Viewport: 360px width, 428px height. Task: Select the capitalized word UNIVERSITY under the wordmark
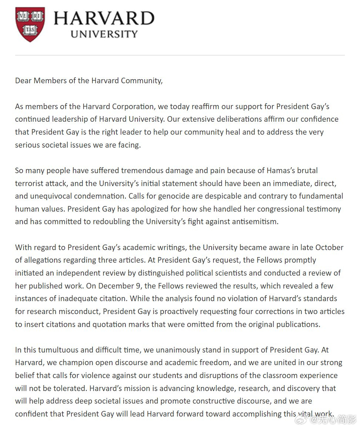click(x=104, y=34)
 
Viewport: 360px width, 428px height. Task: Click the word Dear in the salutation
click(x=23, y=81)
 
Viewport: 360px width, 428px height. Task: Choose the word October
click(x=329, y=247)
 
